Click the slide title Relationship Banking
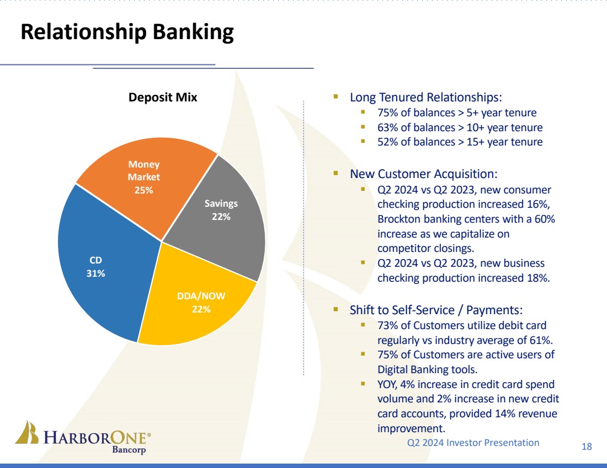pos(127,33)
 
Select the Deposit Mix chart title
pos(163,98)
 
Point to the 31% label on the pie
pos(96,273)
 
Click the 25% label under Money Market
pos(144,190)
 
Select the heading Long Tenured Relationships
pos(426,98)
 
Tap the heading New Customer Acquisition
pos(424,174)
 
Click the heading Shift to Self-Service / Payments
pos(436,309)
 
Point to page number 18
pos(587,447)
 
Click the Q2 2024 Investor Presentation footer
pos(473,442)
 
